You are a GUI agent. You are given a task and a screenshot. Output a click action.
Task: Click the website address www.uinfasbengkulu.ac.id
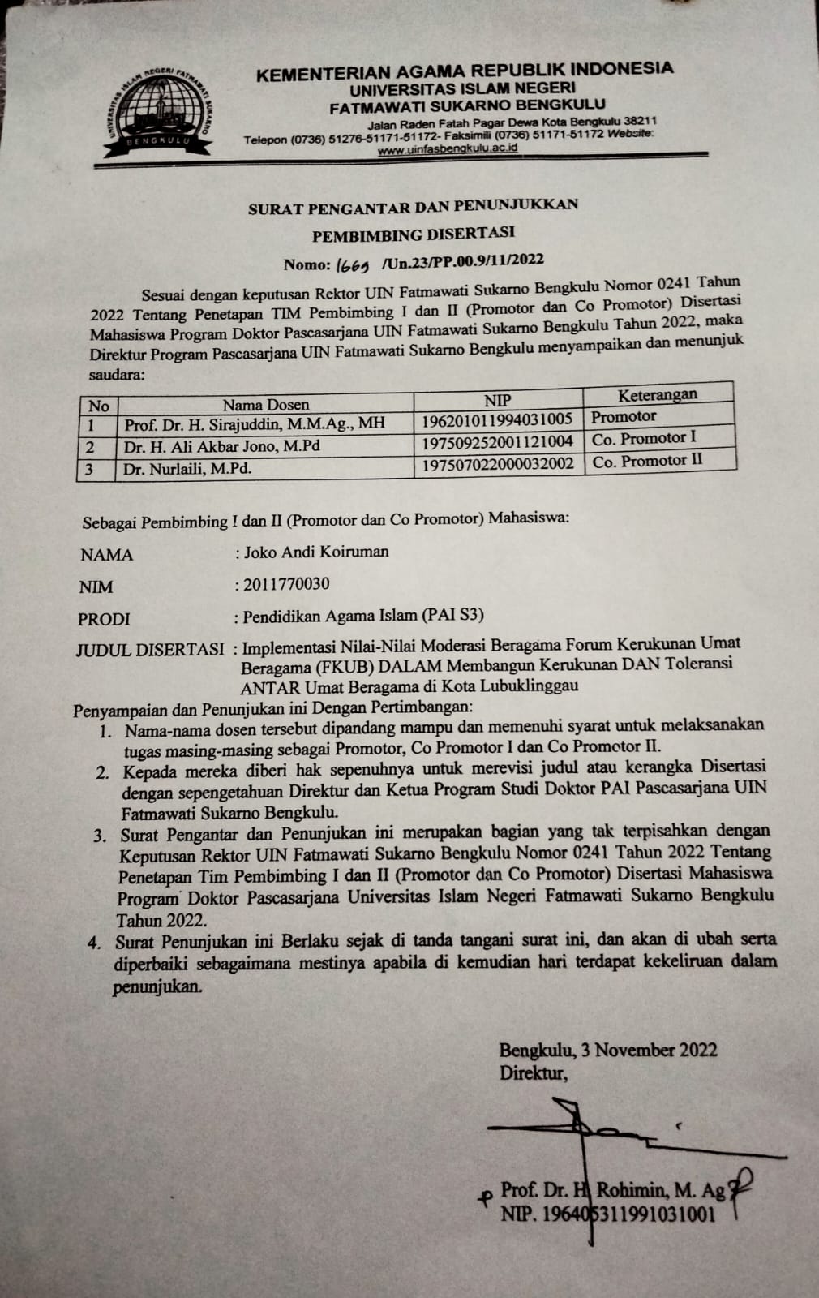click(448, 149)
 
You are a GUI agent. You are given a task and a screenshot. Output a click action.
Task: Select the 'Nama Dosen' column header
click(266, 404)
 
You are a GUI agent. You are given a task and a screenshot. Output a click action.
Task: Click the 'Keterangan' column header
click(658, 395)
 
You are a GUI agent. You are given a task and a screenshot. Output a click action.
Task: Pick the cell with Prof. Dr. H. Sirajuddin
click(255, 423)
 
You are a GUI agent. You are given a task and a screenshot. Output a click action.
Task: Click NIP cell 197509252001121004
click(498, 441)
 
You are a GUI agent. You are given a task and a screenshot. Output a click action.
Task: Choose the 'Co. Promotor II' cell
click(647, 461)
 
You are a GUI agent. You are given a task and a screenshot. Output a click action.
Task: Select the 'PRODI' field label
click(104, 619)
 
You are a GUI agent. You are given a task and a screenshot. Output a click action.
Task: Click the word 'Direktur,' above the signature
click(533, 1073)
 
